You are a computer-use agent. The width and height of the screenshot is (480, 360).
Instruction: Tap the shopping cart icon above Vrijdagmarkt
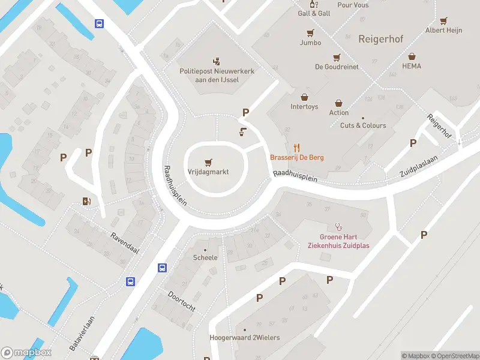[208, 161]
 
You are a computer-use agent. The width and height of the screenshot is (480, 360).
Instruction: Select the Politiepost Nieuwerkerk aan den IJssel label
[217, 75]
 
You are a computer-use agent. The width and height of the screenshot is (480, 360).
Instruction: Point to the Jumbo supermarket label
[310, 43]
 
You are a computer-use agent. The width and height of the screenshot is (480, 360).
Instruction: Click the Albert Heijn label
[443, 30]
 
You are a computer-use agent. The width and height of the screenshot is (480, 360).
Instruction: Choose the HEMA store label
[412, 66]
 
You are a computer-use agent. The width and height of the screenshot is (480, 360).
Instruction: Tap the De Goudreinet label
[337, 67]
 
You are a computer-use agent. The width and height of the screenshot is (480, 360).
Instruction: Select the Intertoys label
[304, 107]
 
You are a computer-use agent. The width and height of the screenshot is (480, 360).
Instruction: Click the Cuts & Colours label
[363, 125]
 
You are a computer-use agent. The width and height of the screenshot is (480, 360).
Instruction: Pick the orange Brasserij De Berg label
[297, 157]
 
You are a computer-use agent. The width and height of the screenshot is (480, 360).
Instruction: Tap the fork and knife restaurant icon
[296, 147]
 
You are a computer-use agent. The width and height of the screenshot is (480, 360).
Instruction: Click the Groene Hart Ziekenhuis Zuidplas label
[338, 241]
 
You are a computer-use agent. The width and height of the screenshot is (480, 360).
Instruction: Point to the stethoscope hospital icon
[338, 227]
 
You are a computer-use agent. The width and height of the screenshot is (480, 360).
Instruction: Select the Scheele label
[205, 257]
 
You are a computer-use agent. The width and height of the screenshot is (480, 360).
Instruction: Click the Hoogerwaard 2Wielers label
[245, 338]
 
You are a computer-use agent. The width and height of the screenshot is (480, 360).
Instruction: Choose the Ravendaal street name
[124, 242]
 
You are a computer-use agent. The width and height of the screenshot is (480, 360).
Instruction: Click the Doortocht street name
[181, 302]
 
